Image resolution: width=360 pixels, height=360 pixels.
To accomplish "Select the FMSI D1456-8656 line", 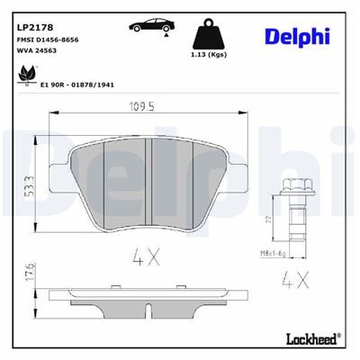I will pyautogui.click(x=53, y=41).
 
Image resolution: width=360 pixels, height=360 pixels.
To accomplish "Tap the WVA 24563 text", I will pyautogui.click(x=39, y=54).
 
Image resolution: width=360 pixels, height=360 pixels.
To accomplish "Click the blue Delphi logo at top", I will pyautogui.click(x=297, y=35).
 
